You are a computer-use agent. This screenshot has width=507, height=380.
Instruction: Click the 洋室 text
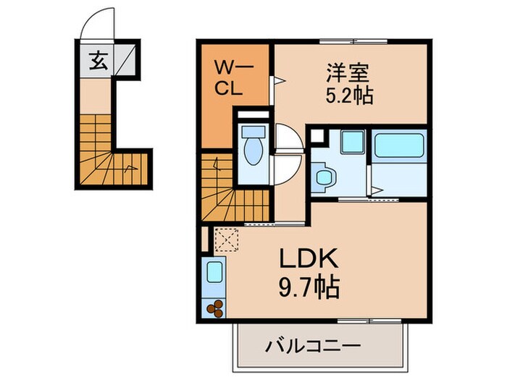pos(348,72)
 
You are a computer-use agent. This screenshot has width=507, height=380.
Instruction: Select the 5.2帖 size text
pos(348,95)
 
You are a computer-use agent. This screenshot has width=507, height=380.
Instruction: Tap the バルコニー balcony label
pos(316,346)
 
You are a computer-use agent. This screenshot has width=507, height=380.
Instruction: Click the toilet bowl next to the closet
pos(252,144)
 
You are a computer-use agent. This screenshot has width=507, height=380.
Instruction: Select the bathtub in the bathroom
pos(399,144)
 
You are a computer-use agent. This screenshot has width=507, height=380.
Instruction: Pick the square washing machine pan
pos(352,142)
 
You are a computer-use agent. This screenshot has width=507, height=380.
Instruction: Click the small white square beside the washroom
pos(316,135)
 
